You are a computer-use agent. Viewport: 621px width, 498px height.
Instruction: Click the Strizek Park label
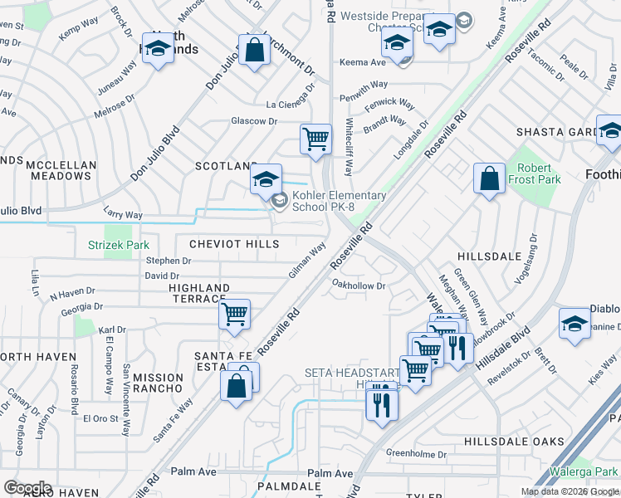119,245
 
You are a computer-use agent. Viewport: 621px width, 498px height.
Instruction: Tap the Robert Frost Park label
534,173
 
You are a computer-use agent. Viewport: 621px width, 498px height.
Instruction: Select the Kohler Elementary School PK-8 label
337,201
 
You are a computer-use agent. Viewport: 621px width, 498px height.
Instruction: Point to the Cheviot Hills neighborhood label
234,244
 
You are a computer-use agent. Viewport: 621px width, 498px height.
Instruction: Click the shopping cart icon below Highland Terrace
235,315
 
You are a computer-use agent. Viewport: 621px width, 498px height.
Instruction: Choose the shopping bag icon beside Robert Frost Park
490,178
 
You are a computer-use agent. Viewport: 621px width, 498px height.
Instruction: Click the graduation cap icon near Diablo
575,325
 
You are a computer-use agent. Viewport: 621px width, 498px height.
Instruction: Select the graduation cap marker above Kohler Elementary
266,179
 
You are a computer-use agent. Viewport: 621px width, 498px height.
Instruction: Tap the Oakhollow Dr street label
359,286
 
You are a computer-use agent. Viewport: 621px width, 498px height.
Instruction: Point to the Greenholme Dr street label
417,454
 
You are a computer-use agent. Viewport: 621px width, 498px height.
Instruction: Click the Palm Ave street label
193,471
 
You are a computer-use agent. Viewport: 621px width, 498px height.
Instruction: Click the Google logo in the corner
27,488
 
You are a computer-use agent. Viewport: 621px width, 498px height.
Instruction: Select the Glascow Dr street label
253,121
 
